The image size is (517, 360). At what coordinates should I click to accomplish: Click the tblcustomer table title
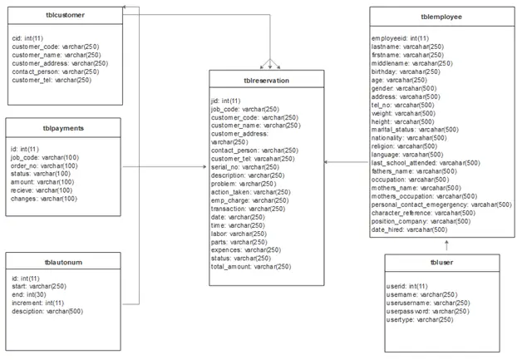click(66, 15)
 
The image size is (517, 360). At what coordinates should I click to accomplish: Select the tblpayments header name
click(63, 128)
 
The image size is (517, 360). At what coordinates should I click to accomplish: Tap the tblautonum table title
click(63, 263)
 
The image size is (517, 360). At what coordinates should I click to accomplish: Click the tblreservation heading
click(267, 81)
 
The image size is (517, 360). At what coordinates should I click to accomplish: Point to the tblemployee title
click(441, 17)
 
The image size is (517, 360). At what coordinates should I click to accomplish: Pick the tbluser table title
click(442, 263)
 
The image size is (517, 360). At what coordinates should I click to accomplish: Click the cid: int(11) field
click(27, 38)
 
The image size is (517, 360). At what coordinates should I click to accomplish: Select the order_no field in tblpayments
click(44, 165)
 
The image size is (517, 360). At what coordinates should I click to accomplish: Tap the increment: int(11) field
click(38, 303)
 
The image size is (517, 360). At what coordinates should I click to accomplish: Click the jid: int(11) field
click(226, 101)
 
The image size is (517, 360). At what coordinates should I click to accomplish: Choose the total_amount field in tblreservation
click(251, 267)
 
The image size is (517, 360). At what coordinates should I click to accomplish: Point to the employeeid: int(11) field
click(401, 38)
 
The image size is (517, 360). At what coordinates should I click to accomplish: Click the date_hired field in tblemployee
click(410, 229)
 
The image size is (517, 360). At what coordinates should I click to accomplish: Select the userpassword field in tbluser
click(427, 311)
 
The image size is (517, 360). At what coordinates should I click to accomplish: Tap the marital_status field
click(415, 130)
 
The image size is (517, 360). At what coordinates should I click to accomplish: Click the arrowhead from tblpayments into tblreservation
click(205, 167)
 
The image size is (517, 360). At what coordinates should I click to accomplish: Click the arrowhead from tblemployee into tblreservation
click(326, 162)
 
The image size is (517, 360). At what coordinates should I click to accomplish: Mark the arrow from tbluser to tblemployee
click(447, 245)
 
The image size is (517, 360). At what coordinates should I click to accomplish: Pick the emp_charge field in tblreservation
click(250, 200)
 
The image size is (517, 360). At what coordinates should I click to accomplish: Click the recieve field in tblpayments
click(42, 190)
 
